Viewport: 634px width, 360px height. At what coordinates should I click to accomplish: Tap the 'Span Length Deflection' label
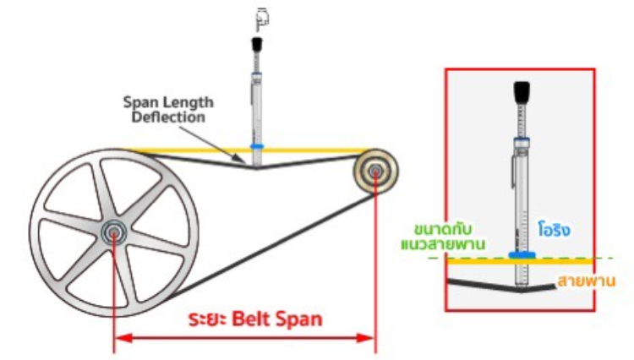point(168,110)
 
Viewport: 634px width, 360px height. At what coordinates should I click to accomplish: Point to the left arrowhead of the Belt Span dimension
point(119,337)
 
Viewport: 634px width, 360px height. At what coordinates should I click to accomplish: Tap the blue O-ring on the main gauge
point(257,146)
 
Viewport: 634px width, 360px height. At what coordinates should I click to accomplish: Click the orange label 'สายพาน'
point(583,281)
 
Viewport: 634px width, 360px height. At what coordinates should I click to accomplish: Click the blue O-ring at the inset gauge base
point(522,253)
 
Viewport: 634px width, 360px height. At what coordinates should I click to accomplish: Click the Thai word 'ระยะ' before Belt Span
point(216,319)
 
